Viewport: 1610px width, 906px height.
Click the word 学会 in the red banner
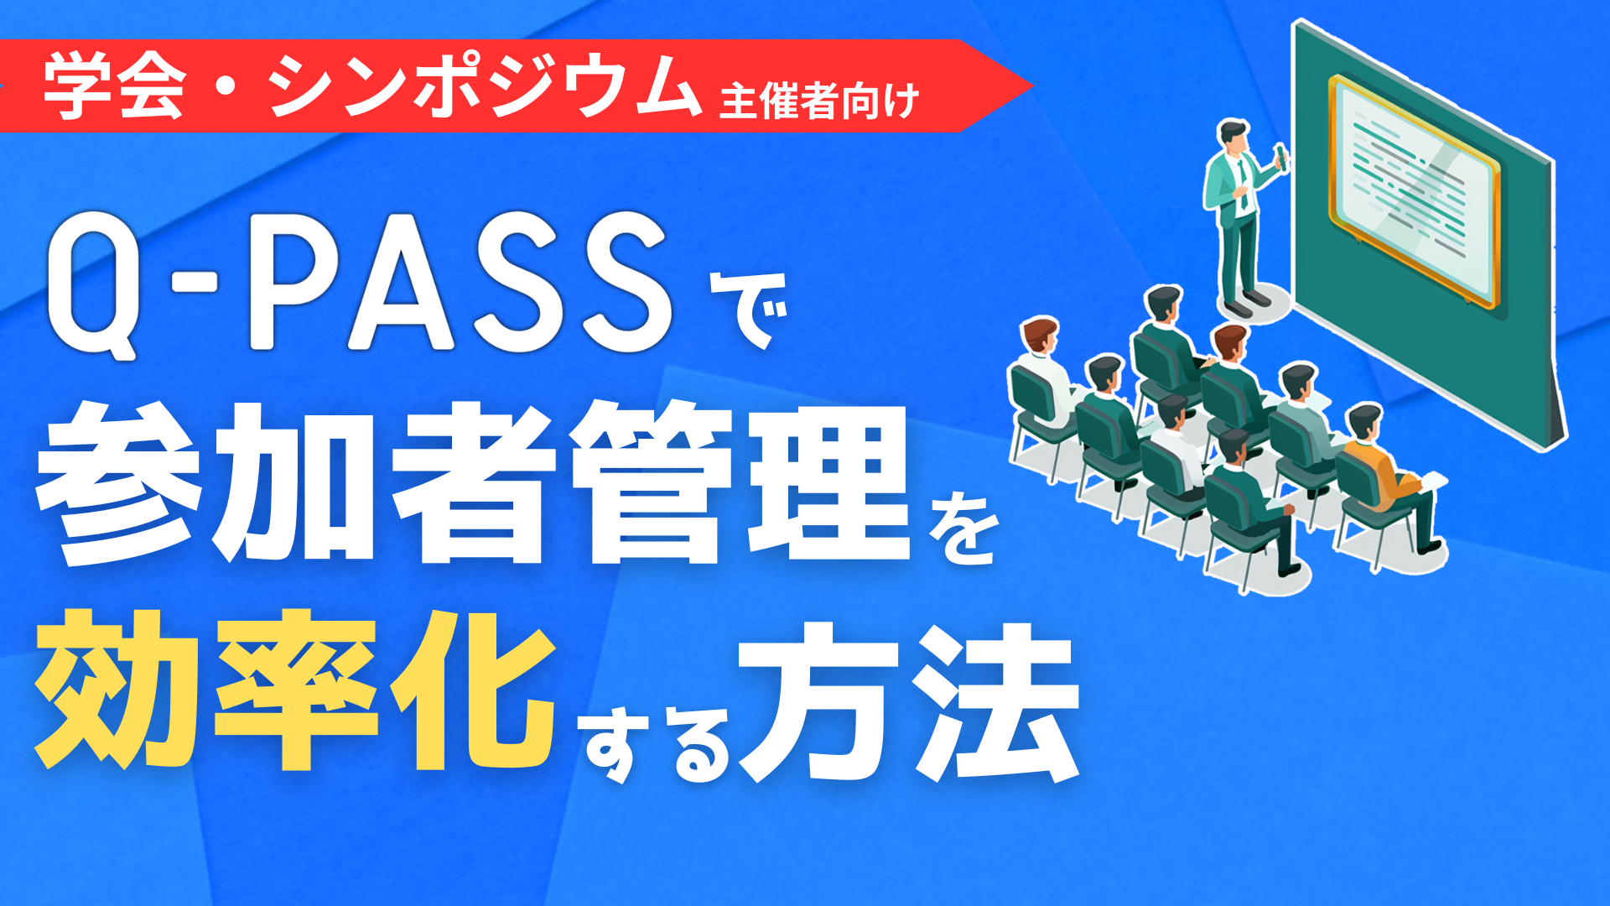[114, 87]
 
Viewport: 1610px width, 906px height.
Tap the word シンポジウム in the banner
[484, 87]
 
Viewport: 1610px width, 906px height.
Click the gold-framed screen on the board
[1412, 190]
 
